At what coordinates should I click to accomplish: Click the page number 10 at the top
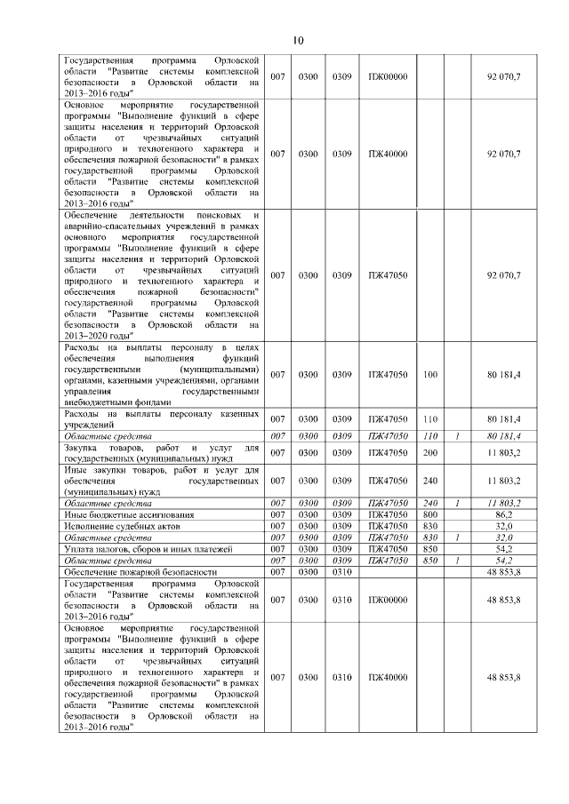(x=298, y=40)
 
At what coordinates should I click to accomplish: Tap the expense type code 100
(x=430, y=375)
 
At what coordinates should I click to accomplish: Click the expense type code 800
(x=430, y=514)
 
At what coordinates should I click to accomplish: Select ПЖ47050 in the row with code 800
(x=388, y=514)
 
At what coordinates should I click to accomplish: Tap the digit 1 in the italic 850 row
(x=456, y=561)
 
